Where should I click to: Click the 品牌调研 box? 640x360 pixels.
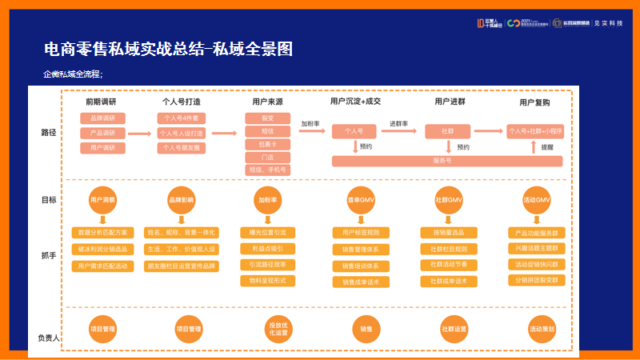102,118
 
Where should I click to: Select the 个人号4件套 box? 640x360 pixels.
182,118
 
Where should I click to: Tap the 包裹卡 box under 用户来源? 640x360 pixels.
267,144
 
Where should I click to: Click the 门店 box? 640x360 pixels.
267,157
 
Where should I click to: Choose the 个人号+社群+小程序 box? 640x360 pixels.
535,130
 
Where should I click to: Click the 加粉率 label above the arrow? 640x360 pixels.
310,124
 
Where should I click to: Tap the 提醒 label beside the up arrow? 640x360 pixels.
547,147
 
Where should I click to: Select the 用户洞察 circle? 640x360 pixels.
102,199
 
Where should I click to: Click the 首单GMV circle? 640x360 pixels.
361,199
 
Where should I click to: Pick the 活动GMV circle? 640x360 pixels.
536,199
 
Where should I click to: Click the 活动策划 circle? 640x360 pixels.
542,329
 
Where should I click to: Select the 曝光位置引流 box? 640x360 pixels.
267,233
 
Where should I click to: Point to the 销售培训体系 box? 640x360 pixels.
361,266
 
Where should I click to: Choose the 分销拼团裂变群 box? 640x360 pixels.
536,280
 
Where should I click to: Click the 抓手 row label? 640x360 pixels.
48,255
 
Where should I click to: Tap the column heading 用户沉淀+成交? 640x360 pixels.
355,102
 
